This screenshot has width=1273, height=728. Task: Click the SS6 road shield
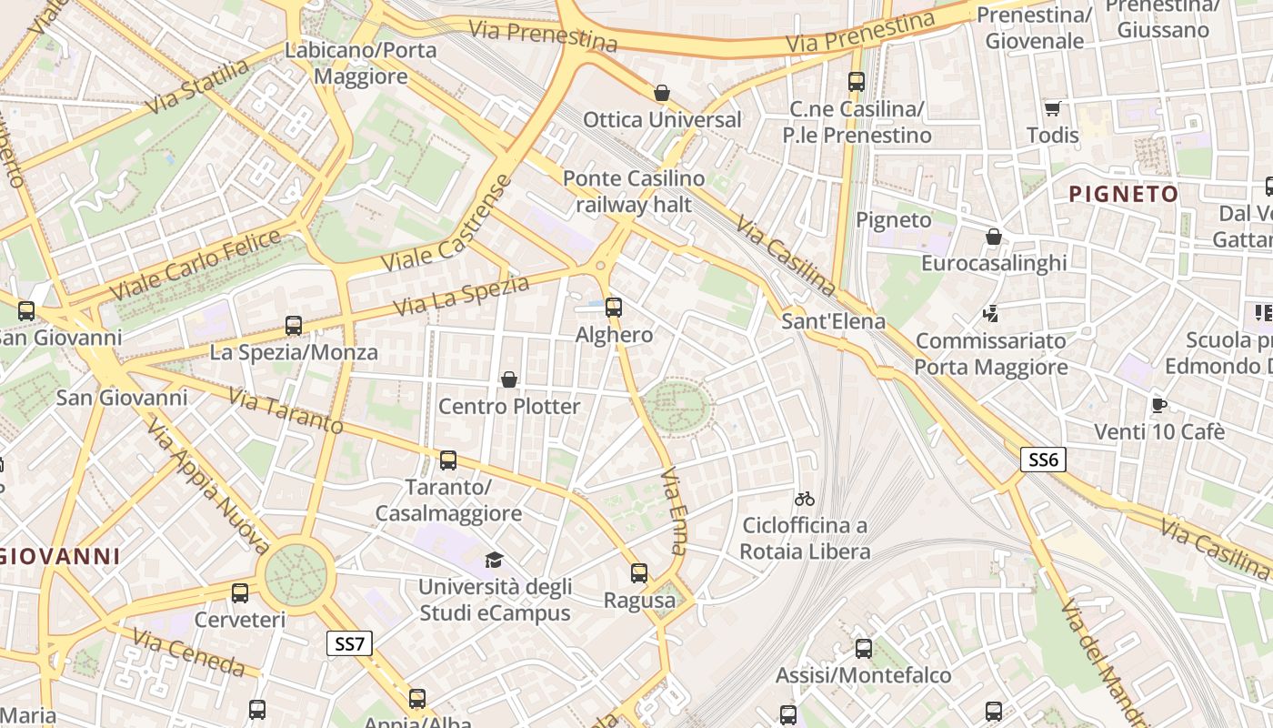[1042, 460]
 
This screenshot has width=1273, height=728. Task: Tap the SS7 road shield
[349, 644]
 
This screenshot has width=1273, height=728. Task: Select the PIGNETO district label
[1124, 194]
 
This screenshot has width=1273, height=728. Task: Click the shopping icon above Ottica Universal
[662, 93]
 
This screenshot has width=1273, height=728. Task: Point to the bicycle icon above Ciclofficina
[804, 499]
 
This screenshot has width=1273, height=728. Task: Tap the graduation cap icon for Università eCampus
[494, 560]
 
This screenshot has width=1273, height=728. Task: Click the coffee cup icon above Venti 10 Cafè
[1158, 405]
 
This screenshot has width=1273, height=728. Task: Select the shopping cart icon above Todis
[1052, 108]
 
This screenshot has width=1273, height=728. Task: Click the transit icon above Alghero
[614, 308]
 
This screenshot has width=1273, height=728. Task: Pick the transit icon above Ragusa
[639, 573]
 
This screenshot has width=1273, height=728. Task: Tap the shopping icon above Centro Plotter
[509, 379]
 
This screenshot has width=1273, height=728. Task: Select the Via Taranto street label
[286, 410]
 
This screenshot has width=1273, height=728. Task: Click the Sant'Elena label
[834, 321]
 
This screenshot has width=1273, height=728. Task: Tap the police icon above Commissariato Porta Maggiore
[991, 314]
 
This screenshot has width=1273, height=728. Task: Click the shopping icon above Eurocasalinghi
[994, 237]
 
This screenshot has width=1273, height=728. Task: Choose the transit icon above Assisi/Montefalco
[863, 649]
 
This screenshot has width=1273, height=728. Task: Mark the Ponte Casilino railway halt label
[634, 191]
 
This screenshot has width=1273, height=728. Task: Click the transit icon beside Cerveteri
[240, 593]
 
